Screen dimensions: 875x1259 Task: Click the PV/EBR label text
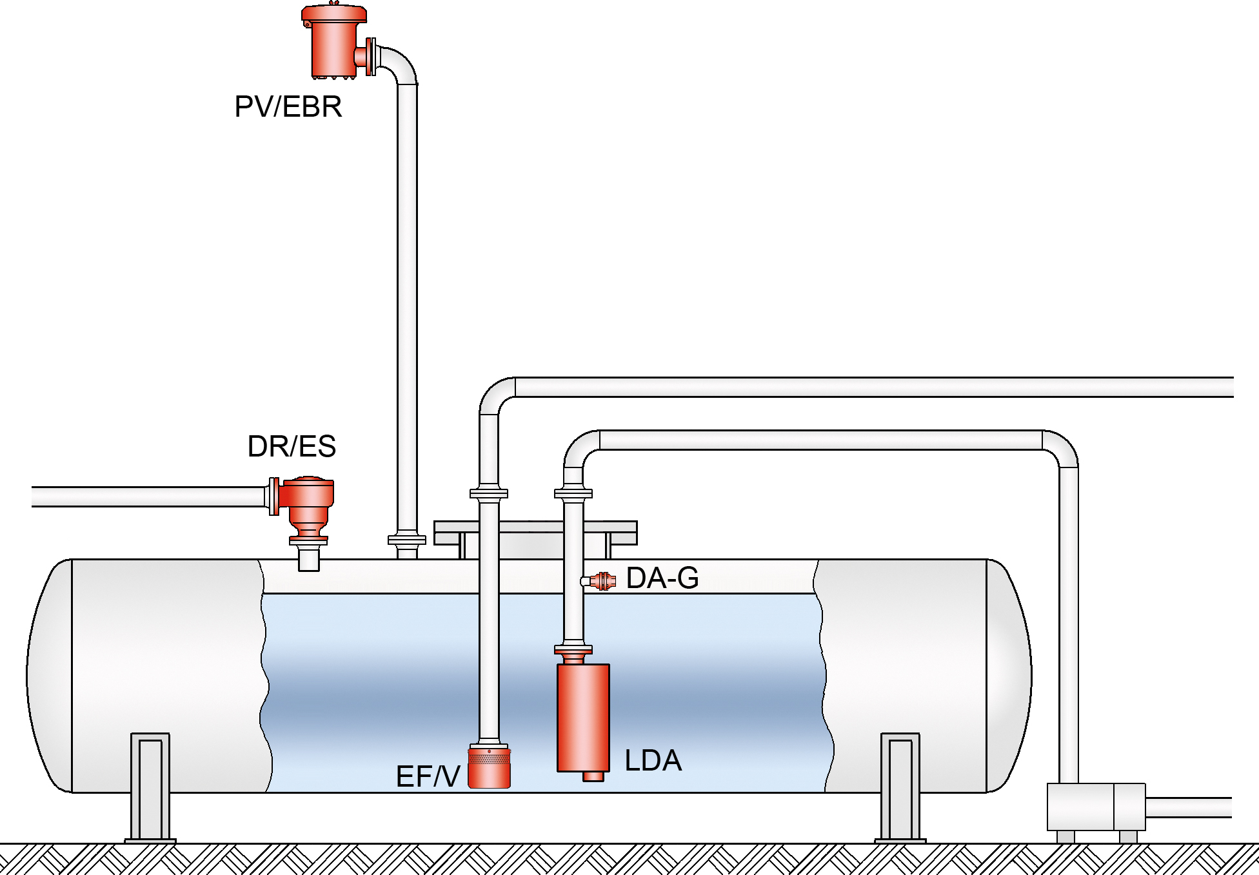[x=288, y=107]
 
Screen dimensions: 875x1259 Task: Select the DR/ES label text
[x=292, y=446]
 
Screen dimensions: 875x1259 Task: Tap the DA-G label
[x=662, y=578]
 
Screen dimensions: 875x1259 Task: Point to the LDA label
[x=653, y=761]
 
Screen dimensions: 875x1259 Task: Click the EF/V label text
[x=428, y=776]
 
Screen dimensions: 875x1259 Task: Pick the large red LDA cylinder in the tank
[x=583, y=717]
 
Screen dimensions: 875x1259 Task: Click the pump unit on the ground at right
[x=1095, y=807]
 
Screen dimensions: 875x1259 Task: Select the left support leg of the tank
[x=150, y=787]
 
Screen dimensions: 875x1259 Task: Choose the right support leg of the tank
[x=900, y=787]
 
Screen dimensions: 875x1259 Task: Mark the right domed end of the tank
[x=1009, y=675]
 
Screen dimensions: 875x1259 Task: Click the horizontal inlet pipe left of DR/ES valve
[x=148, y=497]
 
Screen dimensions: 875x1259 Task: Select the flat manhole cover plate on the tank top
[x=535, y=533]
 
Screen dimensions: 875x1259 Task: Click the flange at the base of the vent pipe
[x=406, y=540]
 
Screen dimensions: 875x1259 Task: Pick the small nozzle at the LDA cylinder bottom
[x=593, y=776]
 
